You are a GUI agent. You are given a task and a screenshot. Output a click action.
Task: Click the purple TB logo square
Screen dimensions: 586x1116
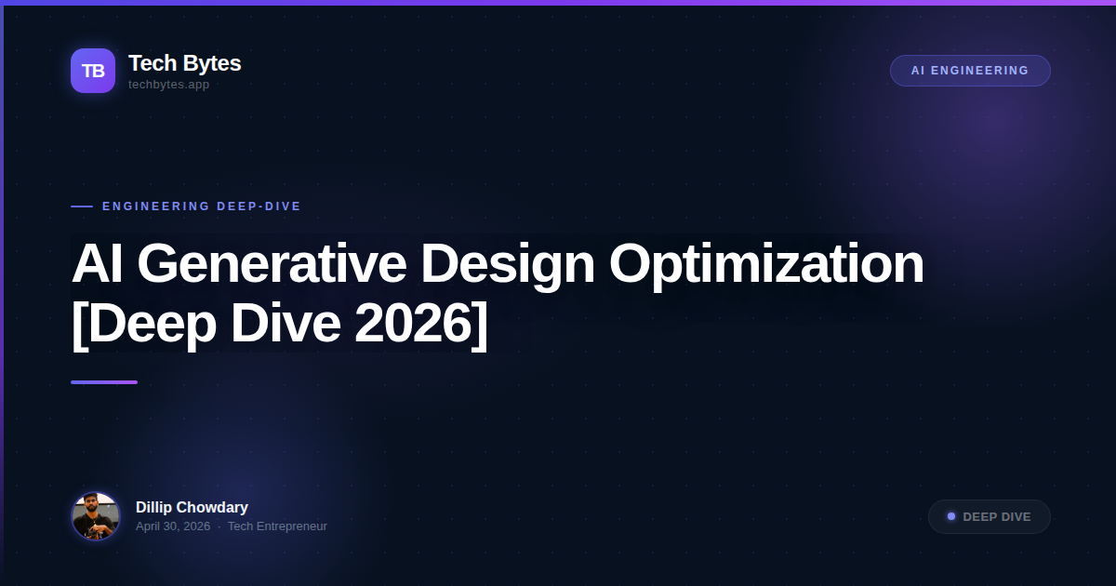[93, 71]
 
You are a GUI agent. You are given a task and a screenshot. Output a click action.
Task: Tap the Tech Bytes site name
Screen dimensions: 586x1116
[184, 63]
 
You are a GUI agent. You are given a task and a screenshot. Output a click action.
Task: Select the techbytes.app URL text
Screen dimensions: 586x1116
[168, 85]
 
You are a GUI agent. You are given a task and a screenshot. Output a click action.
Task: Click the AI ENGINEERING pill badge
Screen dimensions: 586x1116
[970, 71]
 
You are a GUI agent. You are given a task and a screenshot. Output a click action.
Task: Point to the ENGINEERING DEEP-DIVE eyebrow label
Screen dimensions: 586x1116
[202, 206]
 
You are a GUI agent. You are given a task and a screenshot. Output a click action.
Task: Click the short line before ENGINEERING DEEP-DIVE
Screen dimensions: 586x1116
[82, 206]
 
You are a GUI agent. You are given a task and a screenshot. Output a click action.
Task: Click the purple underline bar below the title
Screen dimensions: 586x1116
[104, 382]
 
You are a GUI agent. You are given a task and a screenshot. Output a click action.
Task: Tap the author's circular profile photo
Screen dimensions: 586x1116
[96, 516]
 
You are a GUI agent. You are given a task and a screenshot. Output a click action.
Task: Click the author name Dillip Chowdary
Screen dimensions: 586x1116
[192, 507]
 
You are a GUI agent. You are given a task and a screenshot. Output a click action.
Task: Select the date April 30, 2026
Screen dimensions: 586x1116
[173, 526]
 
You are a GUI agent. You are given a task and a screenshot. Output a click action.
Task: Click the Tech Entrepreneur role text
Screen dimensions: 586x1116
[277, 526]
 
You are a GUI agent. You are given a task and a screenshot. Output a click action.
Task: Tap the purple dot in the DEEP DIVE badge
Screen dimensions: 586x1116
[951, 516]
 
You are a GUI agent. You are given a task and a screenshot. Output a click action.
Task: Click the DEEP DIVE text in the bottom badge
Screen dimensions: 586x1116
[997, 517]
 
